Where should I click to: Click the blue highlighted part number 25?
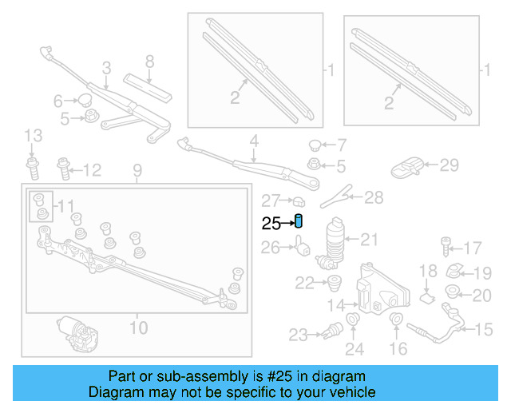tap(299, 221)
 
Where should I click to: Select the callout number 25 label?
tap(270, 224)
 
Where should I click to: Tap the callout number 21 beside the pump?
tap(368, 238)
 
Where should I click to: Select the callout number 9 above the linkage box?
tap(137, 169)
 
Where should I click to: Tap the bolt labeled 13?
tap(32, 169)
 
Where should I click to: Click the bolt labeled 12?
tap(63, 169)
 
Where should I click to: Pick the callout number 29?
tap(450, 165)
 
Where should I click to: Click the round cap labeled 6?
tap(82, 100)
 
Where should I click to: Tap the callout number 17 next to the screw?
tap(473, 247)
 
